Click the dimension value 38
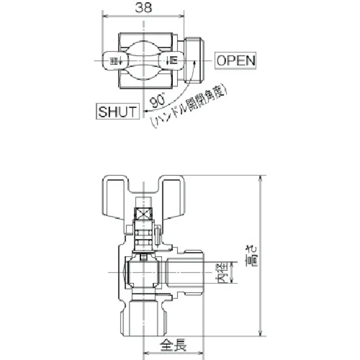point(143,7)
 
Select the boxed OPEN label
point(236,61)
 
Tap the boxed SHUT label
point(117,112)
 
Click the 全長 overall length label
point(173,346)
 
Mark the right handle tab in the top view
point(170,61)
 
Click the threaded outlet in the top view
point(193,61)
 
